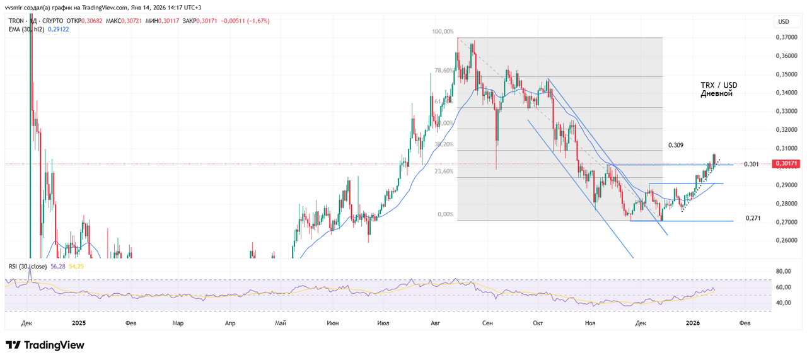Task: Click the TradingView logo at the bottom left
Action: click(45, 345)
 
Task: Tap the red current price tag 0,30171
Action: click(786, 164)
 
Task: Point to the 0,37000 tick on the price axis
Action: click(786, 38)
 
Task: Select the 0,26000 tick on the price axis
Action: click(786, 240)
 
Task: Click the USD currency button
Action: click(783, 22)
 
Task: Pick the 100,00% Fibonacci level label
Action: click(443, 32)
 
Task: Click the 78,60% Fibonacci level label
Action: click(443, 71)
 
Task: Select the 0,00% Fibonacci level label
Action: click(445, 214)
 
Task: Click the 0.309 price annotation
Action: click(676, 146)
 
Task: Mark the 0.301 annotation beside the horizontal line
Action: click(751, 165)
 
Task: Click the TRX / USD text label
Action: click(719, 84)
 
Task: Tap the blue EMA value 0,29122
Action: click(56, 29)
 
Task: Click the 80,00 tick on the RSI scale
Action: click(782, 272)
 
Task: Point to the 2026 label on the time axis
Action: click(692, 323)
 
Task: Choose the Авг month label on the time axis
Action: click(434, 323)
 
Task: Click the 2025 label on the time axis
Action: click(79, 323)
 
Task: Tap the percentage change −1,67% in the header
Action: click(258, 21)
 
